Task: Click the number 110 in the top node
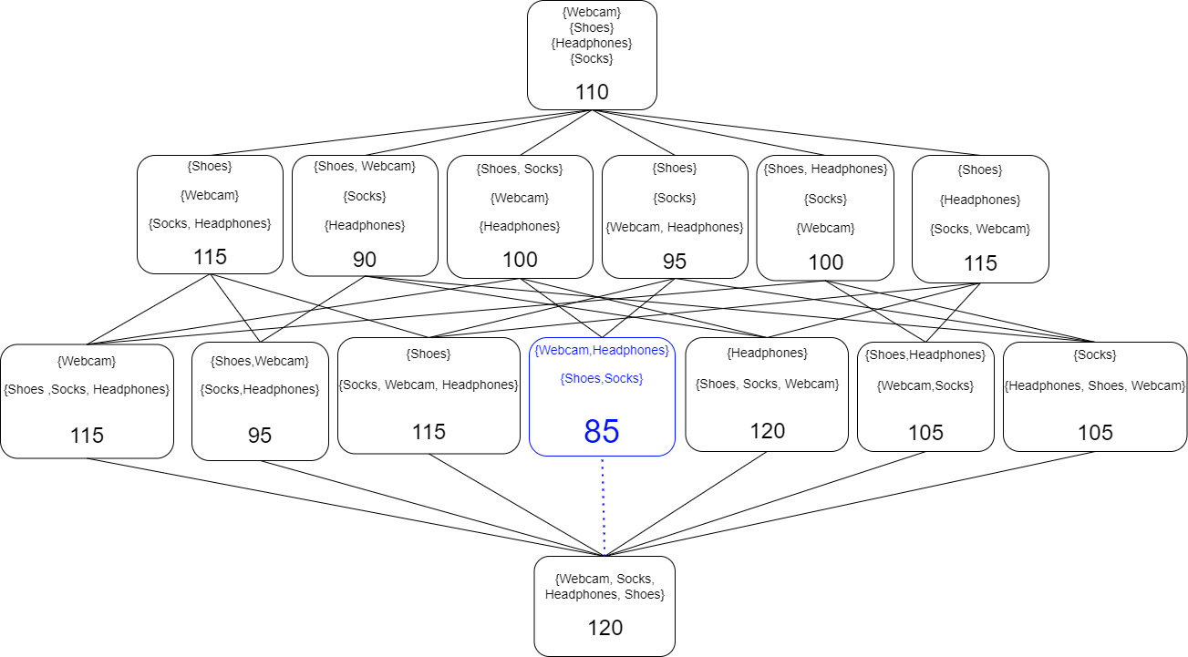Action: tap(592, 92)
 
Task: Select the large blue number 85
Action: tap(602, 430)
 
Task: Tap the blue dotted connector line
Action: tap(603, 506)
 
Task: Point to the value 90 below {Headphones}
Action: tap(365, 260)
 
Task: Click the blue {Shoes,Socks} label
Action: tap(602, 378)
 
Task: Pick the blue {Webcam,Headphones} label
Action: tap(602, 351)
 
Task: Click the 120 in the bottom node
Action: tap(604, 627)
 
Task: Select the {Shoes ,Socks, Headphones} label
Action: tap(87, 390)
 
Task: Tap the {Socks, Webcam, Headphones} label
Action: tap(429, 385)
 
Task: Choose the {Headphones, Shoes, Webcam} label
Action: tap(1095, 386)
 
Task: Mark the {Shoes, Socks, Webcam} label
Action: tap(767, 384)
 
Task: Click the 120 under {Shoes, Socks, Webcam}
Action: tap(767, 431)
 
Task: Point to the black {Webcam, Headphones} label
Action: tap(675, 227)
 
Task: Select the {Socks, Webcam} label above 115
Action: tap(980, 230)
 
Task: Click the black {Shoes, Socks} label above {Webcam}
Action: tap(520, 169)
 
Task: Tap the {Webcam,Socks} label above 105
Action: tap(925, 386)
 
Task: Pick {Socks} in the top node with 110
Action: tap(592, 59)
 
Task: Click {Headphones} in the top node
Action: tap(592, 43)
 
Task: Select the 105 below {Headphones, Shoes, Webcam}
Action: tap(1095, 433)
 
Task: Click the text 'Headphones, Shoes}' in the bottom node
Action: tap(604, 595)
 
